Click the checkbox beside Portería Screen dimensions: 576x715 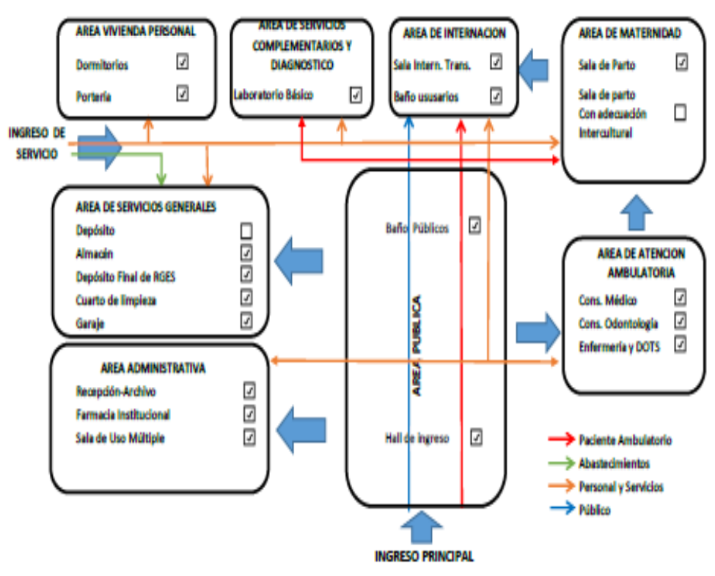(183, 93)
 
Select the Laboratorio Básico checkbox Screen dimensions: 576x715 (356, 94)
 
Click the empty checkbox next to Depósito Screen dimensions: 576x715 (246, 231)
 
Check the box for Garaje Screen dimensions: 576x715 (246, 320)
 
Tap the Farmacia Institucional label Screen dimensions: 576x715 (122, 415)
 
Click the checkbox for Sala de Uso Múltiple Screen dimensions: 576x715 (249, 437)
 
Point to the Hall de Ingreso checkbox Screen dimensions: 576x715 (476, 437)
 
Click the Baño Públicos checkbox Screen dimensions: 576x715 (474, 226)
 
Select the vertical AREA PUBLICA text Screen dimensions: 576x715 (417, 345)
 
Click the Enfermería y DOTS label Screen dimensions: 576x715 (619, 347)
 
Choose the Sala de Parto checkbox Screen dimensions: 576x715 (682, 62)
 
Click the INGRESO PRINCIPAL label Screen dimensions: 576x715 (424, 556)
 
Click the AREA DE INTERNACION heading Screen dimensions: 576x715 (454, 33)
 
